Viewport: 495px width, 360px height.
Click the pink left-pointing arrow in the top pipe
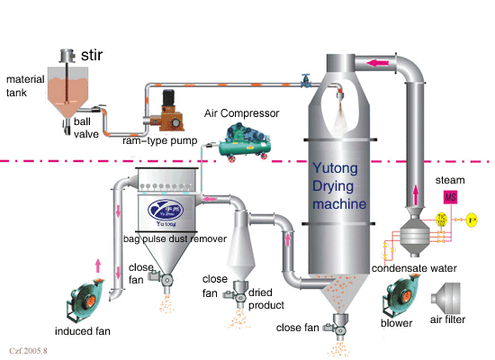coord(377,63)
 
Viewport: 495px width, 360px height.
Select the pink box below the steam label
coord(449,198)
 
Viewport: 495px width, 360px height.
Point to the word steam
coord(450,180)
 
